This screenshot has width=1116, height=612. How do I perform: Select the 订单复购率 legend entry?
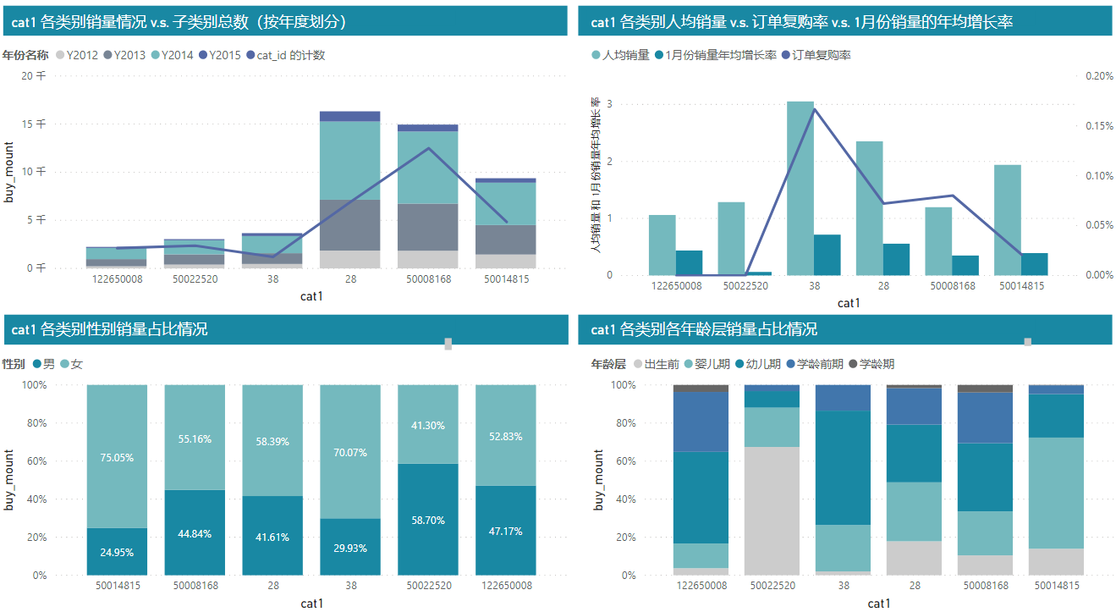(x=822, y=55)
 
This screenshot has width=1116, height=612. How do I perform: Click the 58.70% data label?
(x=427, y=521)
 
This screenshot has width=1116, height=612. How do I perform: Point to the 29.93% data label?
(x=349, y=548)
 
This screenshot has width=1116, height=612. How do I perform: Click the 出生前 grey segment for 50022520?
(x=772, y=511)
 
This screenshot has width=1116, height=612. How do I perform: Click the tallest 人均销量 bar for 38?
(x=800, y=188)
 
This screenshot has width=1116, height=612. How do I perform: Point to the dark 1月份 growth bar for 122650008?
(x=689, y=262)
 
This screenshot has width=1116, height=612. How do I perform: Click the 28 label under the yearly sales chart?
(x=350, y=278)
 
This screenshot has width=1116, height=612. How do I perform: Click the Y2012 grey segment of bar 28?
(x=350, y=259)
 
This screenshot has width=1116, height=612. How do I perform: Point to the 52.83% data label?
(x=505, y=437)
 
